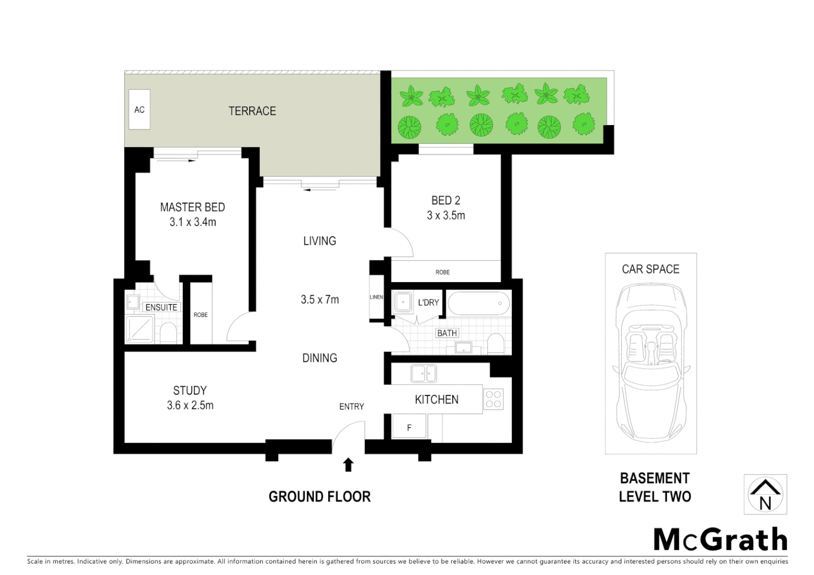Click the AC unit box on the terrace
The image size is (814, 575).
[140, 109]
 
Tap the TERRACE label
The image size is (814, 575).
[252, 111]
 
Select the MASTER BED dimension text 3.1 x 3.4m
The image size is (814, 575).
[193, 222]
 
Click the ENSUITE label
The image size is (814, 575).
[161, 307]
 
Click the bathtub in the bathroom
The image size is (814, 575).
[478, 303]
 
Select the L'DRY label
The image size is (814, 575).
[428, 302]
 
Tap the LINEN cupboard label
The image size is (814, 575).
[376, 297]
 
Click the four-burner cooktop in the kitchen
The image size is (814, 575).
[493, 399]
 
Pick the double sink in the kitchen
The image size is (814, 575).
[424, 373]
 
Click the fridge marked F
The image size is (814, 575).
[409, 427]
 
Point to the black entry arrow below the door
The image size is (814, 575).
[348, 465]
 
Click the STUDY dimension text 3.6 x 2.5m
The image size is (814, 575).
[190, 405]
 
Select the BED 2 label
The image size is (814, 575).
[446, 200]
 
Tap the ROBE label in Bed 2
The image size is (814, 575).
[442, 272]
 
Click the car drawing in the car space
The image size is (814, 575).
[650, 362]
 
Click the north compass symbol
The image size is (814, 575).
[765, 495]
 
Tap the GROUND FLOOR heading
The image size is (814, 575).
[319, 497]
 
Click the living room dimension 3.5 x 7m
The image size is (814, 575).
[320, 299]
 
